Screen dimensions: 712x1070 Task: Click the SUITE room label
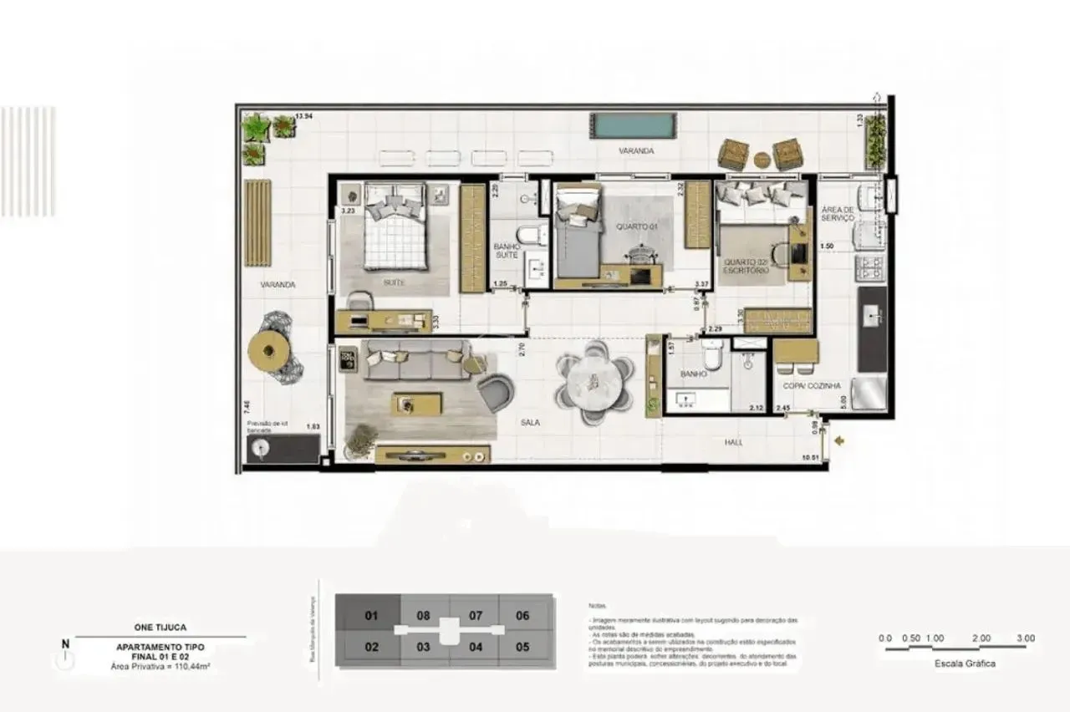pyautogui.click(x=394, y=283)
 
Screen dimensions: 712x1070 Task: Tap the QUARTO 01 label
pyautogui.click(x=632, y=226)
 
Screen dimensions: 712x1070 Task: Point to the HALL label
pyautogui.click(x=733, y=443)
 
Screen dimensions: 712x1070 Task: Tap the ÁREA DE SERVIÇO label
pyautogui.click(x=837, y=213)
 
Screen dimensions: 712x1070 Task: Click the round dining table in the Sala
pyautogui.click(x=594, y=384)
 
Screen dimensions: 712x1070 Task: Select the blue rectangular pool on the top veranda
pyautogui.click(x=633, y=126)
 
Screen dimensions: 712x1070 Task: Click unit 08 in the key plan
pyautogui.click(x=424, y=617)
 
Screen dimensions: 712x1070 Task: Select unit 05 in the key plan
pyautogui.click(x=523, y=647)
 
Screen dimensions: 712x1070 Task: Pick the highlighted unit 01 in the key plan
pyautogui.click(x=372, y=617)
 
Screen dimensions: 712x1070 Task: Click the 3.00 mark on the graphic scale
pyautogui.click(x=1026, y=638)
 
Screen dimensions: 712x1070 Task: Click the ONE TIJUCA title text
pyautogui.click(x=160, y=628)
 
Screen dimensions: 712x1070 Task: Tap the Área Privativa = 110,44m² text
pyautogui.click(x=160, y=666)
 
